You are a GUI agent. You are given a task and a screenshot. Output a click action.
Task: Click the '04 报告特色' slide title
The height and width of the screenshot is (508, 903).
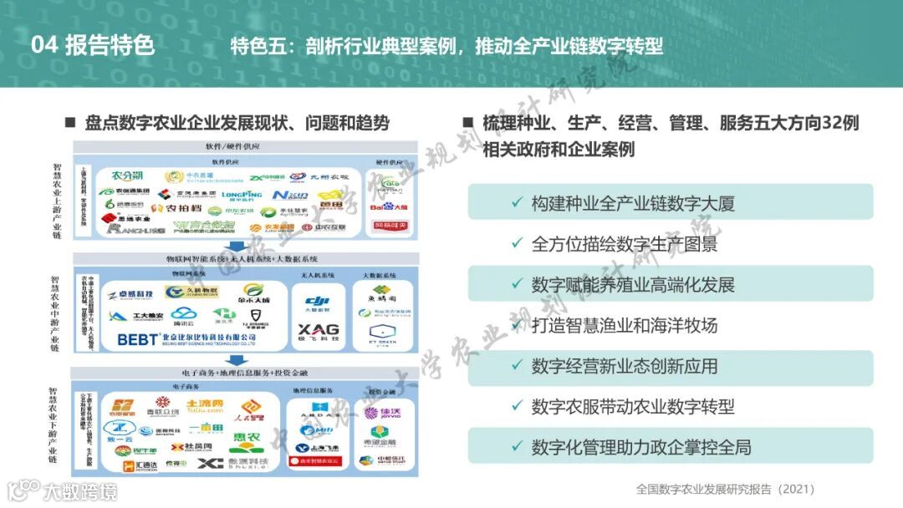[x=93, y=44]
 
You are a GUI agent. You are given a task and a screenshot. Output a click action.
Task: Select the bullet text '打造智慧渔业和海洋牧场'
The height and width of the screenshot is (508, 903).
[x=624, y=326]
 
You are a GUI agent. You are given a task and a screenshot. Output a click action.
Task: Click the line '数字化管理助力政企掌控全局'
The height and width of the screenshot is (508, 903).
[x=641, y=448]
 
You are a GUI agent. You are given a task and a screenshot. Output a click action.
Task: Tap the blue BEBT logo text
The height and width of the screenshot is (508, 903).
[x=138, y=339]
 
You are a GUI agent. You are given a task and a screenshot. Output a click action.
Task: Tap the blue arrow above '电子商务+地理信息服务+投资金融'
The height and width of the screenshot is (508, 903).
[x=237, y=360]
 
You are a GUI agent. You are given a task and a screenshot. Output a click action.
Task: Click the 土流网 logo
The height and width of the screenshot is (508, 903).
[x=204, y=407]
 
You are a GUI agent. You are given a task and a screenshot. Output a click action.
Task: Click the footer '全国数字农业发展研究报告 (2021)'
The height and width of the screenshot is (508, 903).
[x=724, y=490]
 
